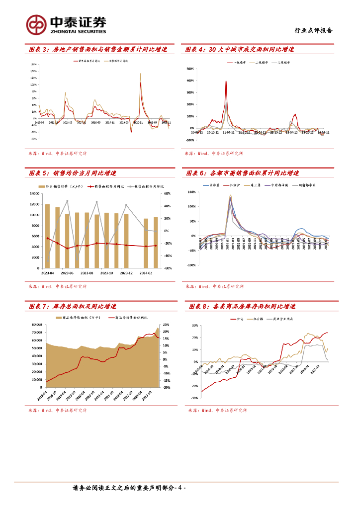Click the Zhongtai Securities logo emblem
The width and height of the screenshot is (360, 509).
pos(36,23)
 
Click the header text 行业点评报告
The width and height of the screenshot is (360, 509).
pos(313,30)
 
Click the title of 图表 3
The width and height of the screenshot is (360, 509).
pos(97,49)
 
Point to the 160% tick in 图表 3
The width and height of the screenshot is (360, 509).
pos(33,65)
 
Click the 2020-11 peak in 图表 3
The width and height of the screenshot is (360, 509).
pos(140,74)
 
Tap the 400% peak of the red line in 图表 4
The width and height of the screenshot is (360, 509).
pos(226,81)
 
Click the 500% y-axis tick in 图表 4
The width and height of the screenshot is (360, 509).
pos(189,69)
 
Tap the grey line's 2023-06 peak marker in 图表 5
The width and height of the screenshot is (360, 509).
pos(67,200)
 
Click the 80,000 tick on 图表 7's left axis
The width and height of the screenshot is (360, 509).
pos(35,325)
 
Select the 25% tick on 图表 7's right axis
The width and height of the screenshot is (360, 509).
pos(167,325)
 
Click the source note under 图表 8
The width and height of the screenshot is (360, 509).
pos(218,411)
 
